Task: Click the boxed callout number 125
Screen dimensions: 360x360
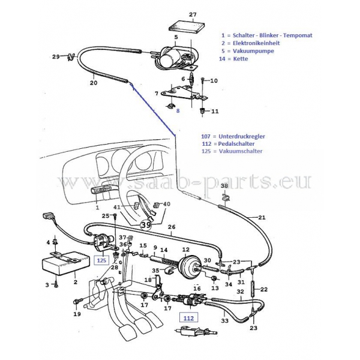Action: [101, 260]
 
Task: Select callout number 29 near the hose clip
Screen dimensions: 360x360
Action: [55, 57]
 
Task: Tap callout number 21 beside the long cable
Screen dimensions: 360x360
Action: [262, 217]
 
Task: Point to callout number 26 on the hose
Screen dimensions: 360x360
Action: [172, 227]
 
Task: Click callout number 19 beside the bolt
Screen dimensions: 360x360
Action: [77, 314]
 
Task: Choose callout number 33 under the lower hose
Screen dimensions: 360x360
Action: [224, 321]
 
